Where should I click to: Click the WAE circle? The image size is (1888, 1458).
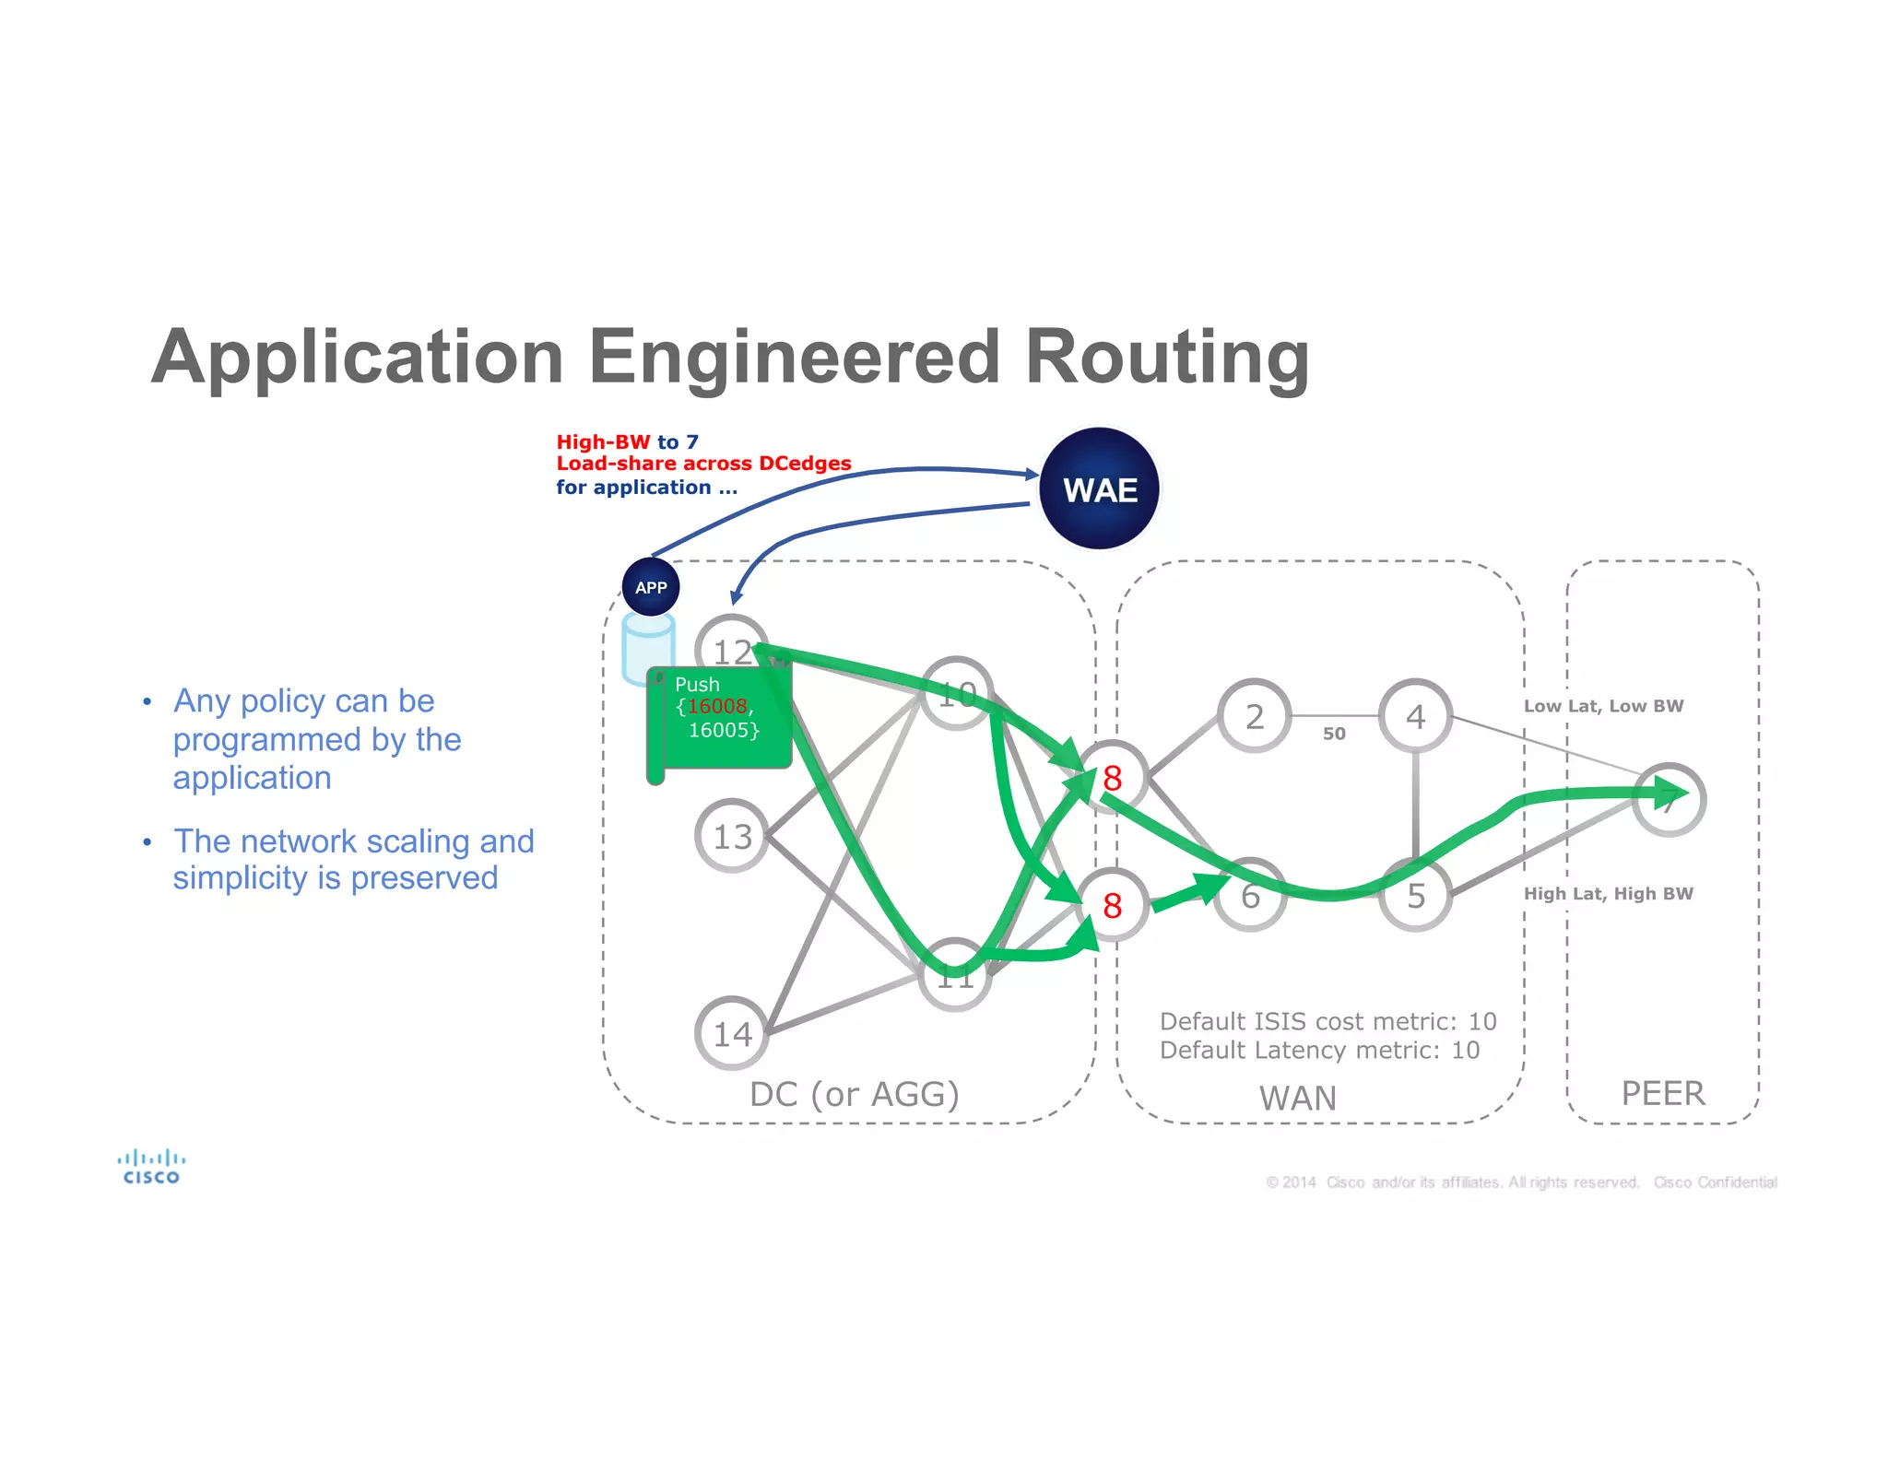pyautogui.click(x=1099, y=488)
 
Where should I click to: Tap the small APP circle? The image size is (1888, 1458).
pyautogui.click(x=651, y=587)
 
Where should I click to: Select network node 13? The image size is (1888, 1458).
pyautogui.click(x=732, y=836)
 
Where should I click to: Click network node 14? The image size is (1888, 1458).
pyautogui.click(x=732, y=1033)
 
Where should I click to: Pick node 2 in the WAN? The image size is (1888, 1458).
pyautogui.click(x=1255, y=716)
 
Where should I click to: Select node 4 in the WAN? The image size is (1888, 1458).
pyautogui.click(x=1415, y=716)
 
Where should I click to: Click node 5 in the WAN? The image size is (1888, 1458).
pyautogui.click(x=1415, y=895)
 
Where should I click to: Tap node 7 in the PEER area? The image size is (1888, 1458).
pyautogui.click(x=1669, y=800)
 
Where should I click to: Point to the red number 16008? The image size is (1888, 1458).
pyautogui.click(x=717, y=706)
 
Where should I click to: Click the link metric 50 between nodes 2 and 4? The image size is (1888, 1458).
pyautogui.click(x=1334, y=734)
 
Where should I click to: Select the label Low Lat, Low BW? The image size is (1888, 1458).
pyautogui.click(x=1603, y=706)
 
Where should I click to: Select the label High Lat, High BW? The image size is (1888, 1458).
pyautogui.click(x=1608, y=893)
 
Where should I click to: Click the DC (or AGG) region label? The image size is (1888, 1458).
pyautogui.click(x=854, y=1094)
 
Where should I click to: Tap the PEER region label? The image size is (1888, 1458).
pyautogui.click(x=1663, y=1093)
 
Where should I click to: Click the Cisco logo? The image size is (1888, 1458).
pyautogui.click(x=151, y=1167)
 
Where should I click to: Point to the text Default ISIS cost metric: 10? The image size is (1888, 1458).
pyautogui.click(x=1327, y=1021)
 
